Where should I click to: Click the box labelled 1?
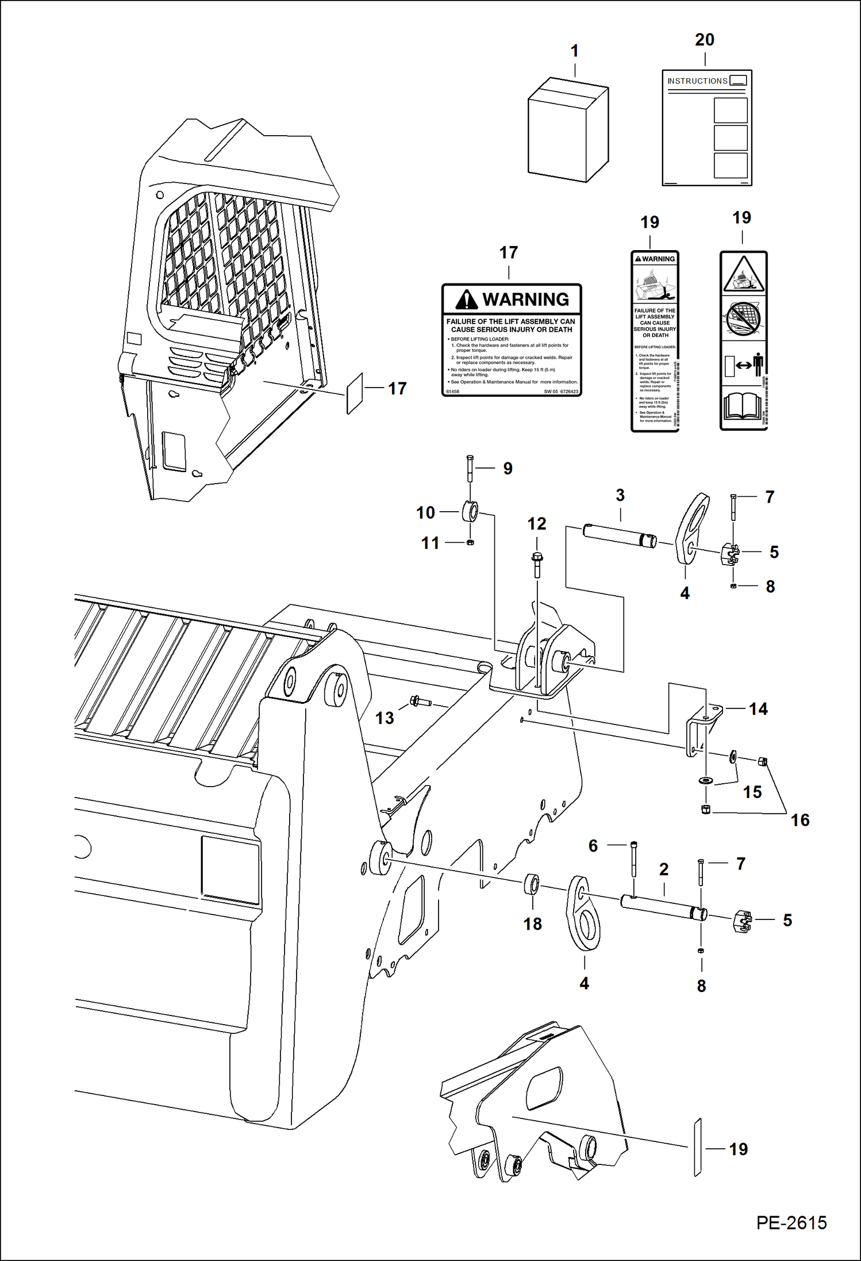[567, 131]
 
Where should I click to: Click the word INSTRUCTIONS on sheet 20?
[697, 81]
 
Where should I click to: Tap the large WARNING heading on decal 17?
[525, 300]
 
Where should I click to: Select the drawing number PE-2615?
[791, 1222]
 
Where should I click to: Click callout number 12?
[537, 524]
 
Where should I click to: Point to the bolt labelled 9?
[470, 468]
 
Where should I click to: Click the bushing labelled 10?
[470, 511]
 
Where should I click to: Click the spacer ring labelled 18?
[532, 884]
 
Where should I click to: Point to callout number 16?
[799, 820]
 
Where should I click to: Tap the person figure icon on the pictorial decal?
[758, 365]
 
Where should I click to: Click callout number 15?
[752, 792]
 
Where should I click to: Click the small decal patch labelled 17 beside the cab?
[355, 394]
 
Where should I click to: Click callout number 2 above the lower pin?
[664, 869]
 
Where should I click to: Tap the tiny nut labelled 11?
[470, 542]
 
